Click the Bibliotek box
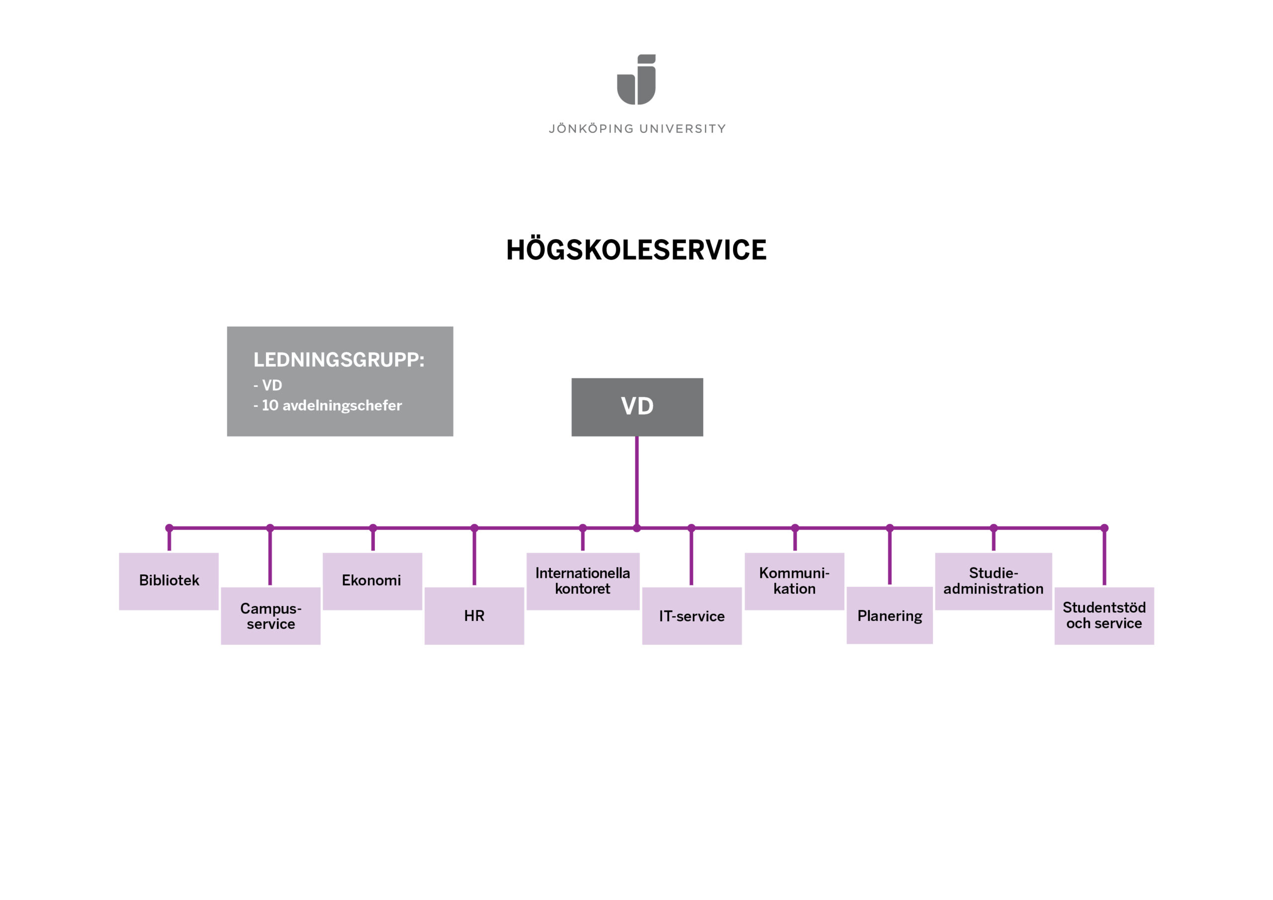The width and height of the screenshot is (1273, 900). click(x=169, y=581)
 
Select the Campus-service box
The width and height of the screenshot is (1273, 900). click(x=271, y=616)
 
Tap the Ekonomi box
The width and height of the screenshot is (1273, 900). click(x=372, y=581)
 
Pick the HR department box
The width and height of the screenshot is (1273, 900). click(x=474, y=616)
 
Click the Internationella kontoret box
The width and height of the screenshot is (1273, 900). click(x=583, y=581)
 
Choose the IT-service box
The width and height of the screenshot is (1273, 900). click(x=691, y=616)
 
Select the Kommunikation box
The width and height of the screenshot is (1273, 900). click(x=794, y=581)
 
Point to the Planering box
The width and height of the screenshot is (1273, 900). click(x=889, y=616)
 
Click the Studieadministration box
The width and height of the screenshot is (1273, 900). click(x=993, y=581)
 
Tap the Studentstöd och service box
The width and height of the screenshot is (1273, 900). click(x=1104, y=616)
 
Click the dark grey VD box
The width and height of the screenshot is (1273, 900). click(x=637, y=407)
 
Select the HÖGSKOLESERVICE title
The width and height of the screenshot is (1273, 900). click(x=636, y=250)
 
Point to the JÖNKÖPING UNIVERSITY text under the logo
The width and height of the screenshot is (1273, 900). click(x=637, y=129)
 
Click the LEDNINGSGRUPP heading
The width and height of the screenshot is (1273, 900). click(x=339, y=360)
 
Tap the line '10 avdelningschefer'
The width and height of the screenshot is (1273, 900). click(x=332, y=405)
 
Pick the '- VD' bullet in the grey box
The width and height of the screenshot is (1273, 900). click(x=268, y=385)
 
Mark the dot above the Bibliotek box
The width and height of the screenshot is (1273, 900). click(x=169, y=528)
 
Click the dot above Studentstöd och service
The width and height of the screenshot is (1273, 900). click(x=1104, y=528)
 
